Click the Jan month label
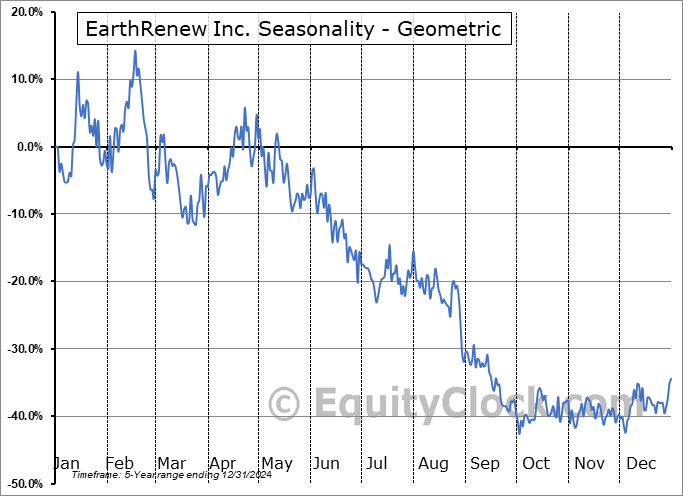[66, 463]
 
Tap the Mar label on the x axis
[171, 463]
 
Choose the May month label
[276, 463]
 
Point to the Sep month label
[485, 463]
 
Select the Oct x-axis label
[536, 463]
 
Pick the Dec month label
[641, 463]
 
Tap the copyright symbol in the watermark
[286, 405]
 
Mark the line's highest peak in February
[135, 51]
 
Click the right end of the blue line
[671, 378]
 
